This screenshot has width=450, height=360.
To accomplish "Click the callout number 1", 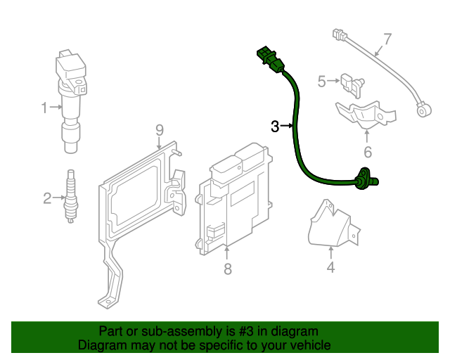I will (44, 108).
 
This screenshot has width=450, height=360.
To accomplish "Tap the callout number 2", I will (47, 199).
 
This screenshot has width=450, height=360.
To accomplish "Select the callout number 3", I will (275, 127).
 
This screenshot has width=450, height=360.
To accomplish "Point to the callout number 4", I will (330, 267).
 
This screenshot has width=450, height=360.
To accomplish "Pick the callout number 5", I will (322, 82).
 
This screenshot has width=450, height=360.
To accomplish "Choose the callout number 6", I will (367, 151).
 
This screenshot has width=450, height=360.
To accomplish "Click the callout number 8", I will (227, 269).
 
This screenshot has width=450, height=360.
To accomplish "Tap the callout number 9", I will (160, 129).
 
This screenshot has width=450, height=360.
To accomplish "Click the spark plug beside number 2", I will (70, 197).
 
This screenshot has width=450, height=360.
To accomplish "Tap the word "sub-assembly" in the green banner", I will (173, 331).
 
